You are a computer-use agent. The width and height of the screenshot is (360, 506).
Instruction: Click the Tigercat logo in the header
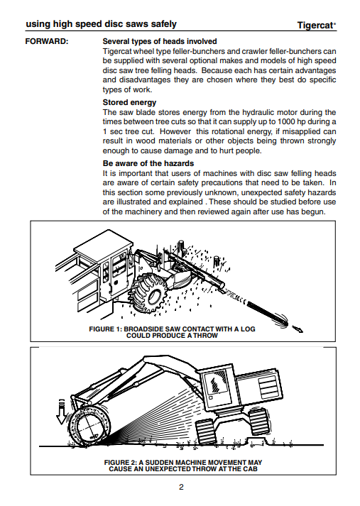317,25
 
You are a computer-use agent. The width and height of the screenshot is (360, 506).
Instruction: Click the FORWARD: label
47,42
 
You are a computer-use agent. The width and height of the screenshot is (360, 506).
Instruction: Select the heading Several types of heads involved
160,41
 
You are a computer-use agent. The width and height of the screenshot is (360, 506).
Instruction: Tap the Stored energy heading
129,102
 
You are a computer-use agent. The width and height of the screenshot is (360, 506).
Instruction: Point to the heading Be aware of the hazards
148,163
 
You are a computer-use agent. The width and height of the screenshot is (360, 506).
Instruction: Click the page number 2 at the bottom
181,487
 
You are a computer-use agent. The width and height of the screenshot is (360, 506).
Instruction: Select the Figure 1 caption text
172,332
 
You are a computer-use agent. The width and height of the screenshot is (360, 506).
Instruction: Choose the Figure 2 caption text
183,466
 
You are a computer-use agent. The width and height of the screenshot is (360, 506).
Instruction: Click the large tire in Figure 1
151,295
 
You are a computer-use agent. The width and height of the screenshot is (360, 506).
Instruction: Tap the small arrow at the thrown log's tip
298,329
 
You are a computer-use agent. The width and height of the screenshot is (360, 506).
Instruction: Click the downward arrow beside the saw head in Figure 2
61,412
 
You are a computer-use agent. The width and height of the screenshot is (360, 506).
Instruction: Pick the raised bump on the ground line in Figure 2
256,441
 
